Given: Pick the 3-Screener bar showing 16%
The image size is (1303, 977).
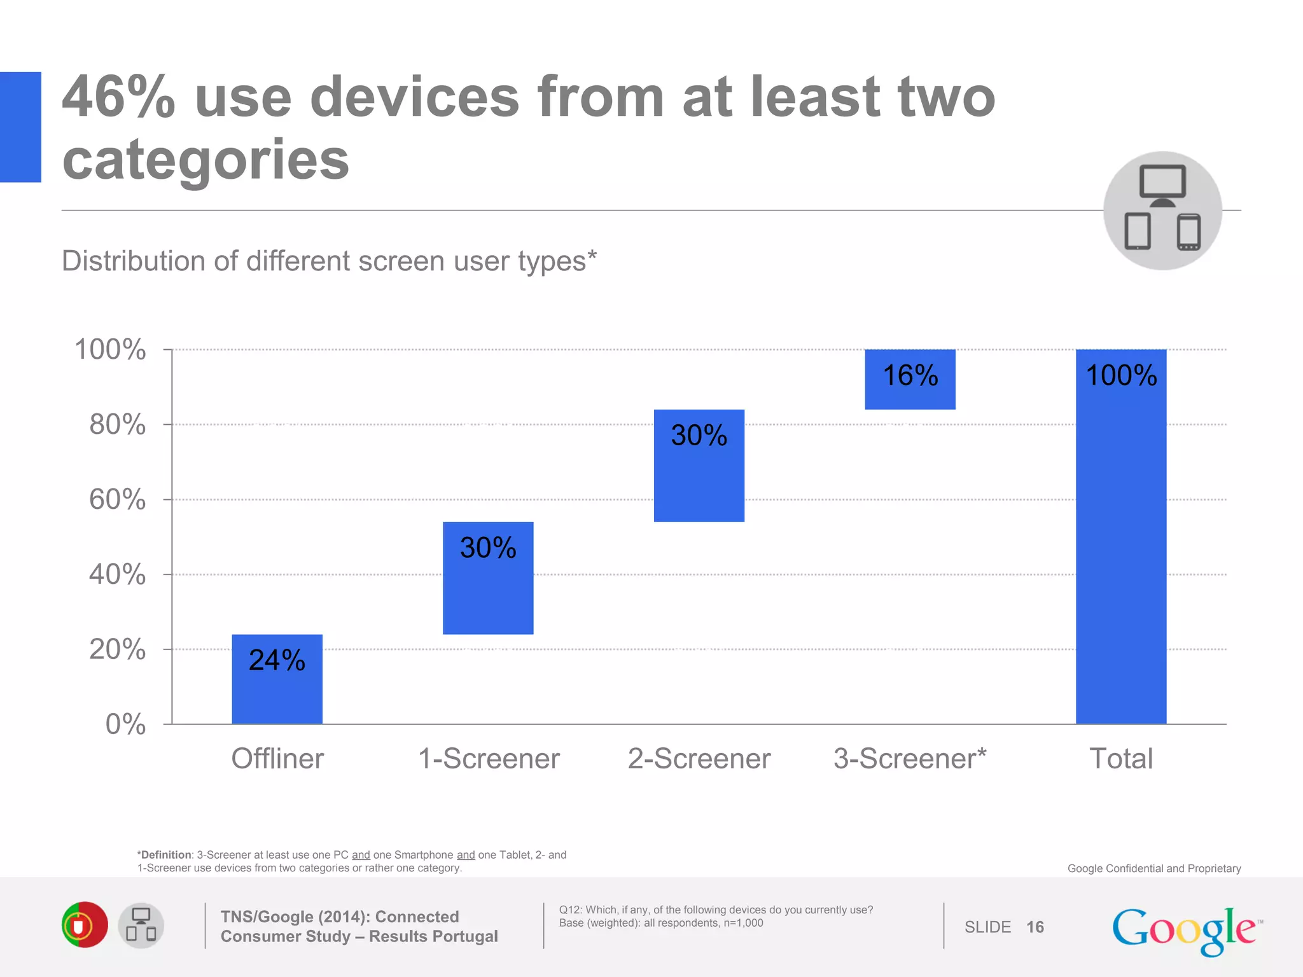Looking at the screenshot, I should coord(910,379).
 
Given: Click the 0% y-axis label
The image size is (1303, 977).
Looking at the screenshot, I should coord(125,724).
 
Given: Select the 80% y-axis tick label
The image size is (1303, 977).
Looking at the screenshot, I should coord(118,424).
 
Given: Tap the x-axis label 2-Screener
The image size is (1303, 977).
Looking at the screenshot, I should coord(699,758).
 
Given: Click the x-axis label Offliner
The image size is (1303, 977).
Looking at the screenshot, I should coord(277,758).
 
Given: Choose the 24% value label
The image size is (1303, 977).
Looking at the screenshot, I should coord(277,660).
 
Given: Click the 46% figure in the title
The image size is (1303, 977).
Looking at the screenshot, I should coord(118,97).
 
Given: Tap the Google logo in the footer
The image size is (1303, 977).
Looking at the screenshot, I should coord(1185,930).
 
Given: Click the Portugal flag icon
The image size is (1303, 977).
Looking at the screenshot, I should coord(85,925).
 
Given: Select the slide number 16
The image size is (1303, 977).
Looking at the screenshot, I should coord(1035,927).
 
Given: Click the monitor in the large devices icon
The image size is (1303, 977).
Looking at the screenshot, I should coord(1162,183).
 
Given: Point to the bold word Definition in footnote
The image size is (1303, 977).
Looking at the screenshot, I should coord(165,855).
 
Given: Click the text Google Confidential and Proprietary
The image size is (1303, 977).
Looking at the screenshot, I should coord(1153,868).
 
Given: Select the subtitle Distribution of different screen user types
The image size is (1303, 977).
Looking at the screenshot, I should coord(329,261).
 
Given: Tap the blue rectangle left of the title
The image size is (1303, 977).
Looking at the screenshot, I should coord(20,127).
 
